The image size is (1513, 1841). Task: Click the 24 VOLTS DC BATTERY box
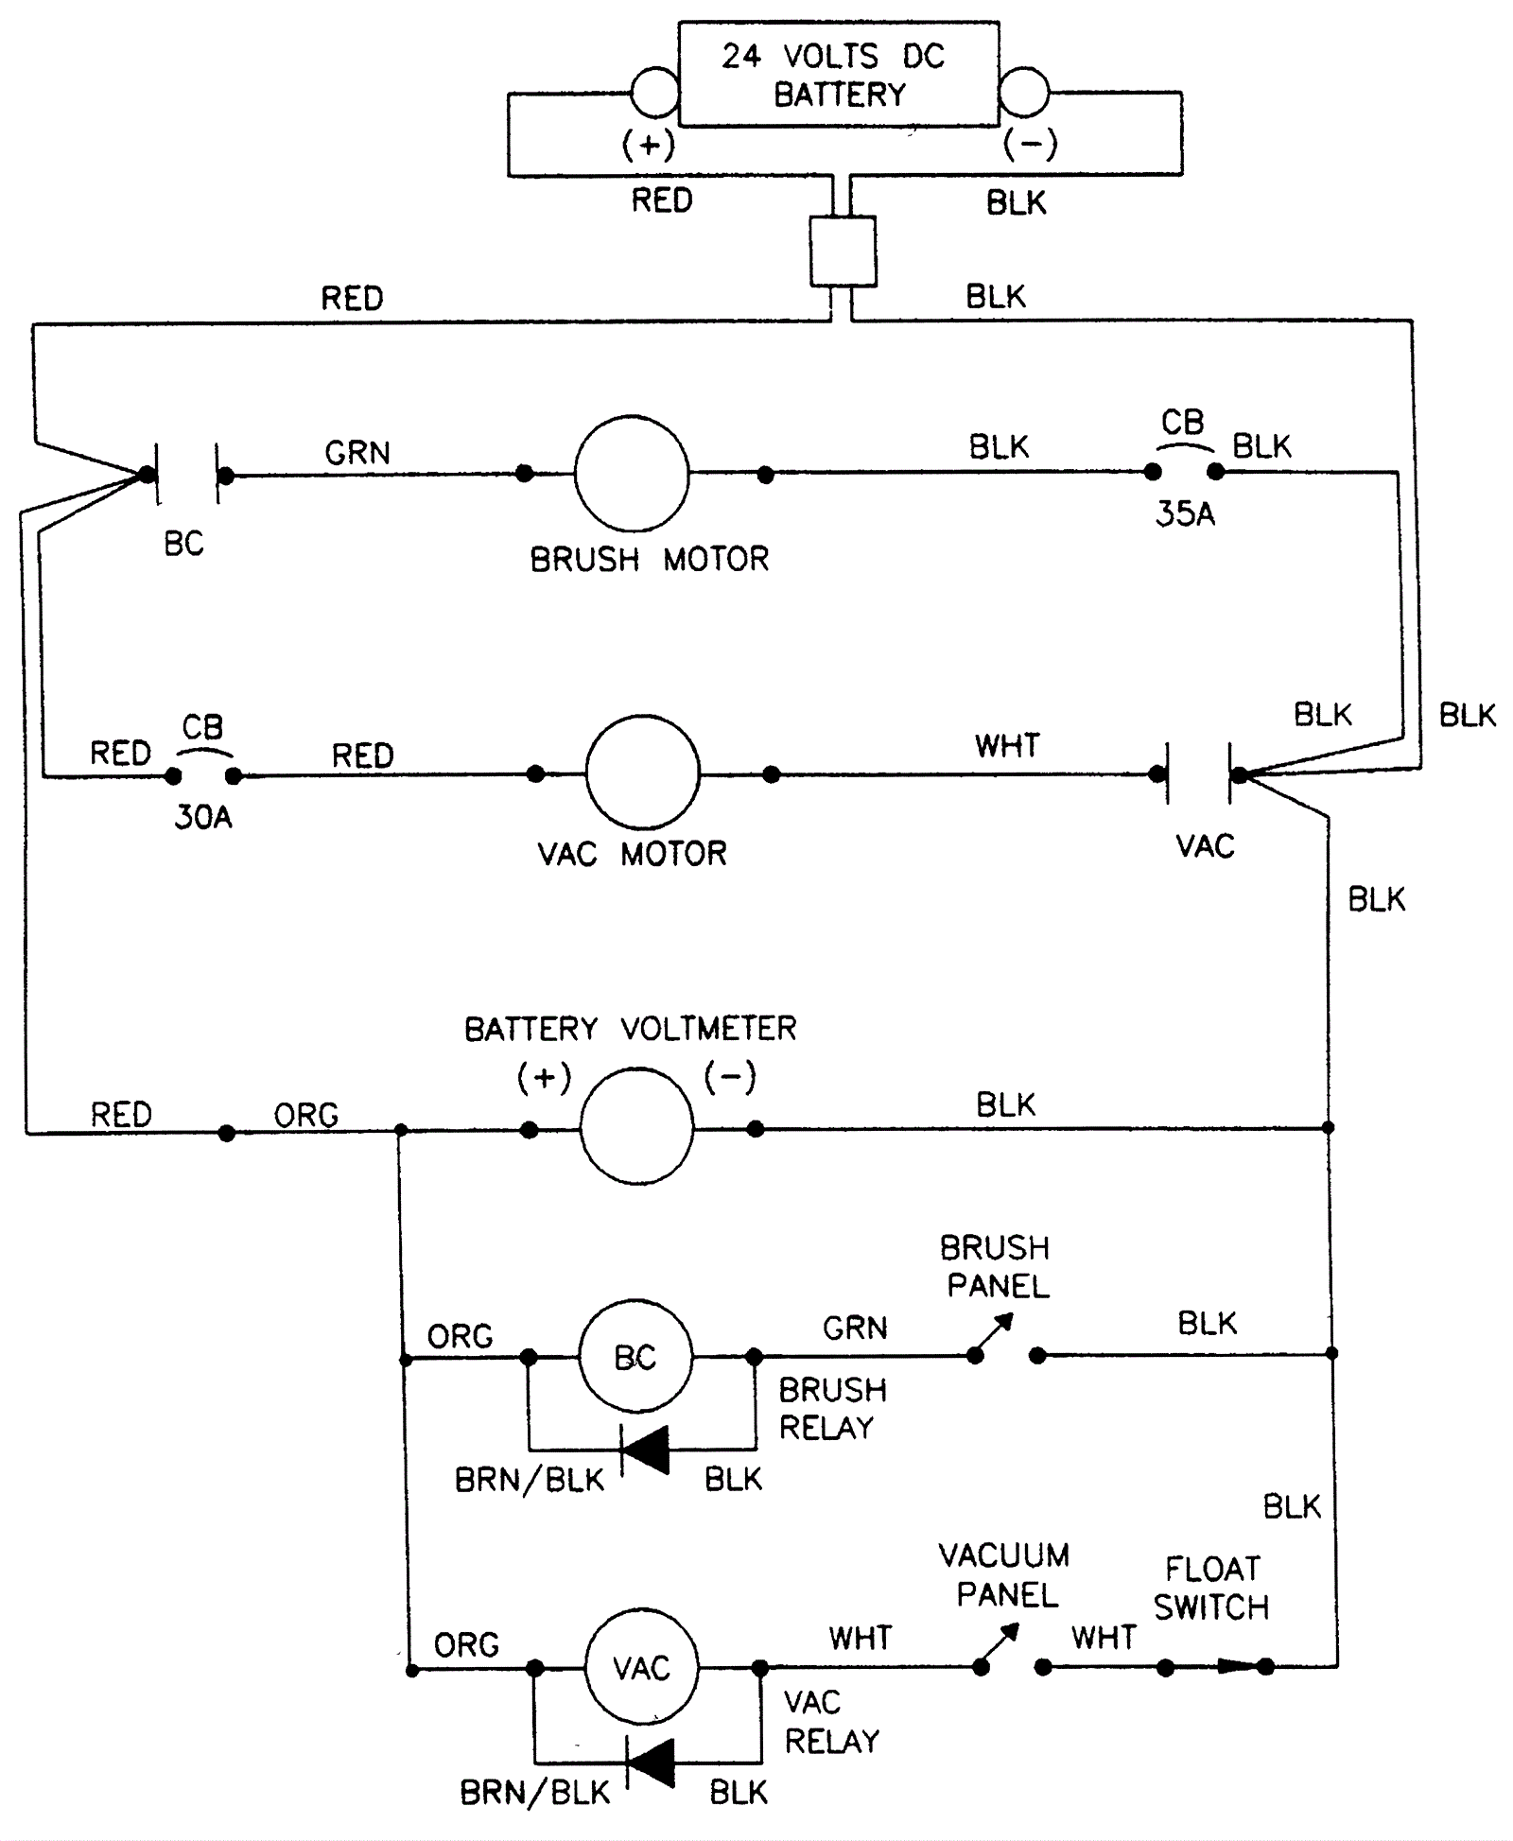point(839,75)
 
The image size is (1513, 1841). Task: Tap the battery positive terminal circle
point(654,93)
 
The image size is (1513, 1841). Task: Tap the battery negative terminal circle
point(1024,93)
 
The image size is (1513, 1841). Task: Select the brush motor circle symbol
point(632,474)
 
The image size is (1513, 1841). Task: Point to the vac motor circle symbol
point(643,773)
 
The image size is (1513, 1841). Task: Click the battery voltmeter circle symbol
point(636,1126)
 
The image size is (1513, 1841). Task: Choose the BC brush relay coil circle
point(635,1357)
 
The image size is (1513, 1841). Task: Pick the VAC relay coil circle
point(642,1667)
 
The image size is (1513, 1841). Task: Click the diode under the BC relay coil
point(646,1450)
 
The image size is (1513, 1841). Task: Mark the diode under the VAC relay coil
point(652,1763)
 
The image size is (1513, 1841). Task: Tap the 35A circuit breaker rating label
point(1185,514)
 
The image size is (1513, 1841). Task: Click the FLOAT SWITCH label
point(1211,1589)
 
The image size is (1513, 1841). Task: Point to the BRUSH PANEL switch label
point(997,1267)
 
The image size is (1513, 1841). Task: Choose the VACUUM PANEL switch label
point(1005,1575)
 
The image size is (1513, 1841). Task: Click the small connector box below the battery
point(843,252)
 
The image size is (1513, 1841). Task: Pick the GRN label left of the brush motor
point(357,453)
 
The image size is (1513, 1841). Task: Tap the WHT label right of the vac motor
point(1008,746)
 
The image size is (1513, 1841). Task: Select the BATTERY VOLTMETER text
point(630,1029)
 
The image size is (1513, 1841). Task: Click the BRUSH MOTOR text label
point(650,560)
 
